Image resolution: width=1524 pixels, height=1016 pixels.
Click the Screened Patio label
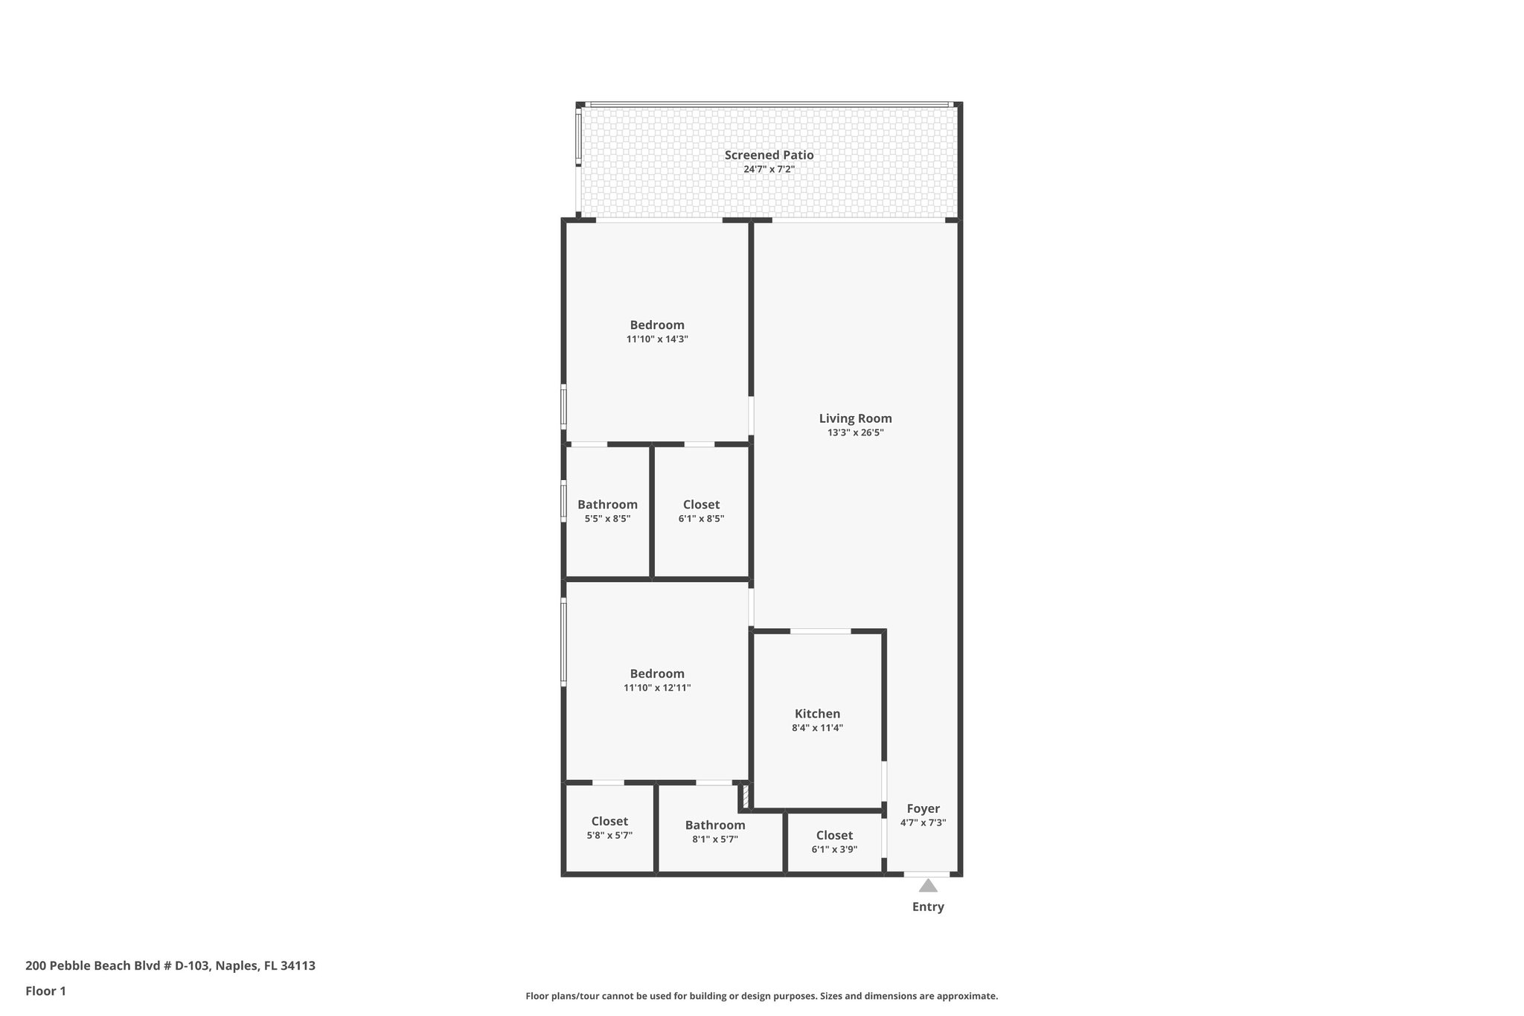(x=769, y=155)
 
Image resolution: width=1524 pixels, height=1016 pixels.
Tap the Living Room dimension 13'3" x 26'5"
(x=855, y=432)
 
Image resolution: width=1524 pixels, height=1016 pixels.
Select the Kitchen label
(x=817, y=714)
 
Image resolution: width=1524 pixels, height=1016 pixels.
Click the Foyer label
(x=923, y=808)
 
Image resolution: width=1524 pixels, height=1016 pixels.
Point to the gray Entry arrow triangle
(x=927, y=886)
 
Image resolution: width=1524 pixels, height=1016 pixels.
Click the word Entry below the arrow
(x=927, y=907)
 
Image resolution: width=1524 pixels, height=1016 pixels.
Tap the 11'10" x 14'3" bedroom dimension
(x=656, y=339)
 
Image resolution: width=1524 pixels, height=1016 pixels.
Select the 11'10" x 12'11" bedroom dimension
(x=656, y=688)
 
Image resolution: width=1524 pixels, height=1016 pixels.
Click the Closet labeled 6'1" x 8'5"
(x=701, y=505)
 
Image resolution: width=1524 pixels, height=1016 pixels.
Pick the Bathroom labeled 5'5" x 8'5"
(x=607, y=505)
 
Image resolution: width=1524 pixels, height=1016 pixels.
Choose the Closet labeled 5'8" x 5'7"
(x=609, y=821)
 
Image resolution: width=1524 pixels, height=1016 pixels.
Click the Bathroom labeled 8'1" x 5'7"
(x=714, y=825)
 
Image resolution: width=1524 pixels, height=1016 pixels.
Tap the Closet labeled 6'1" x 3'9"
(x=834, y=835)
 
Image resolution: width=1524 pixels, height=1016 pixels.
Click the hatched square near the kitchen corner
(x=744, y=797)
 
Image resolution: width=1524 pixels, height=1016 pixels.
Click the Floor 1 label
(x=45, y=991)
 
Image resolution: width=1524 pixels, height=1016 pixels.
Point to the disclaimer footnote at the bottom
(x=761, y=996)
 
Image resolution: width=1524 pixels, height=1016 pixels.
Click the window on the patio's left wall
(x=578, y=137)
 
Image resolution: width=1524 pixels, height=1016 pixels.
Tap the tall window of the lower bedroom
(x=563, y=643)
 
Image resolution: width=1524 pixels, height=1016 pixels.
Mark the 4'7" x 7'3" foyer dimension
(x=923, y=822)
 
